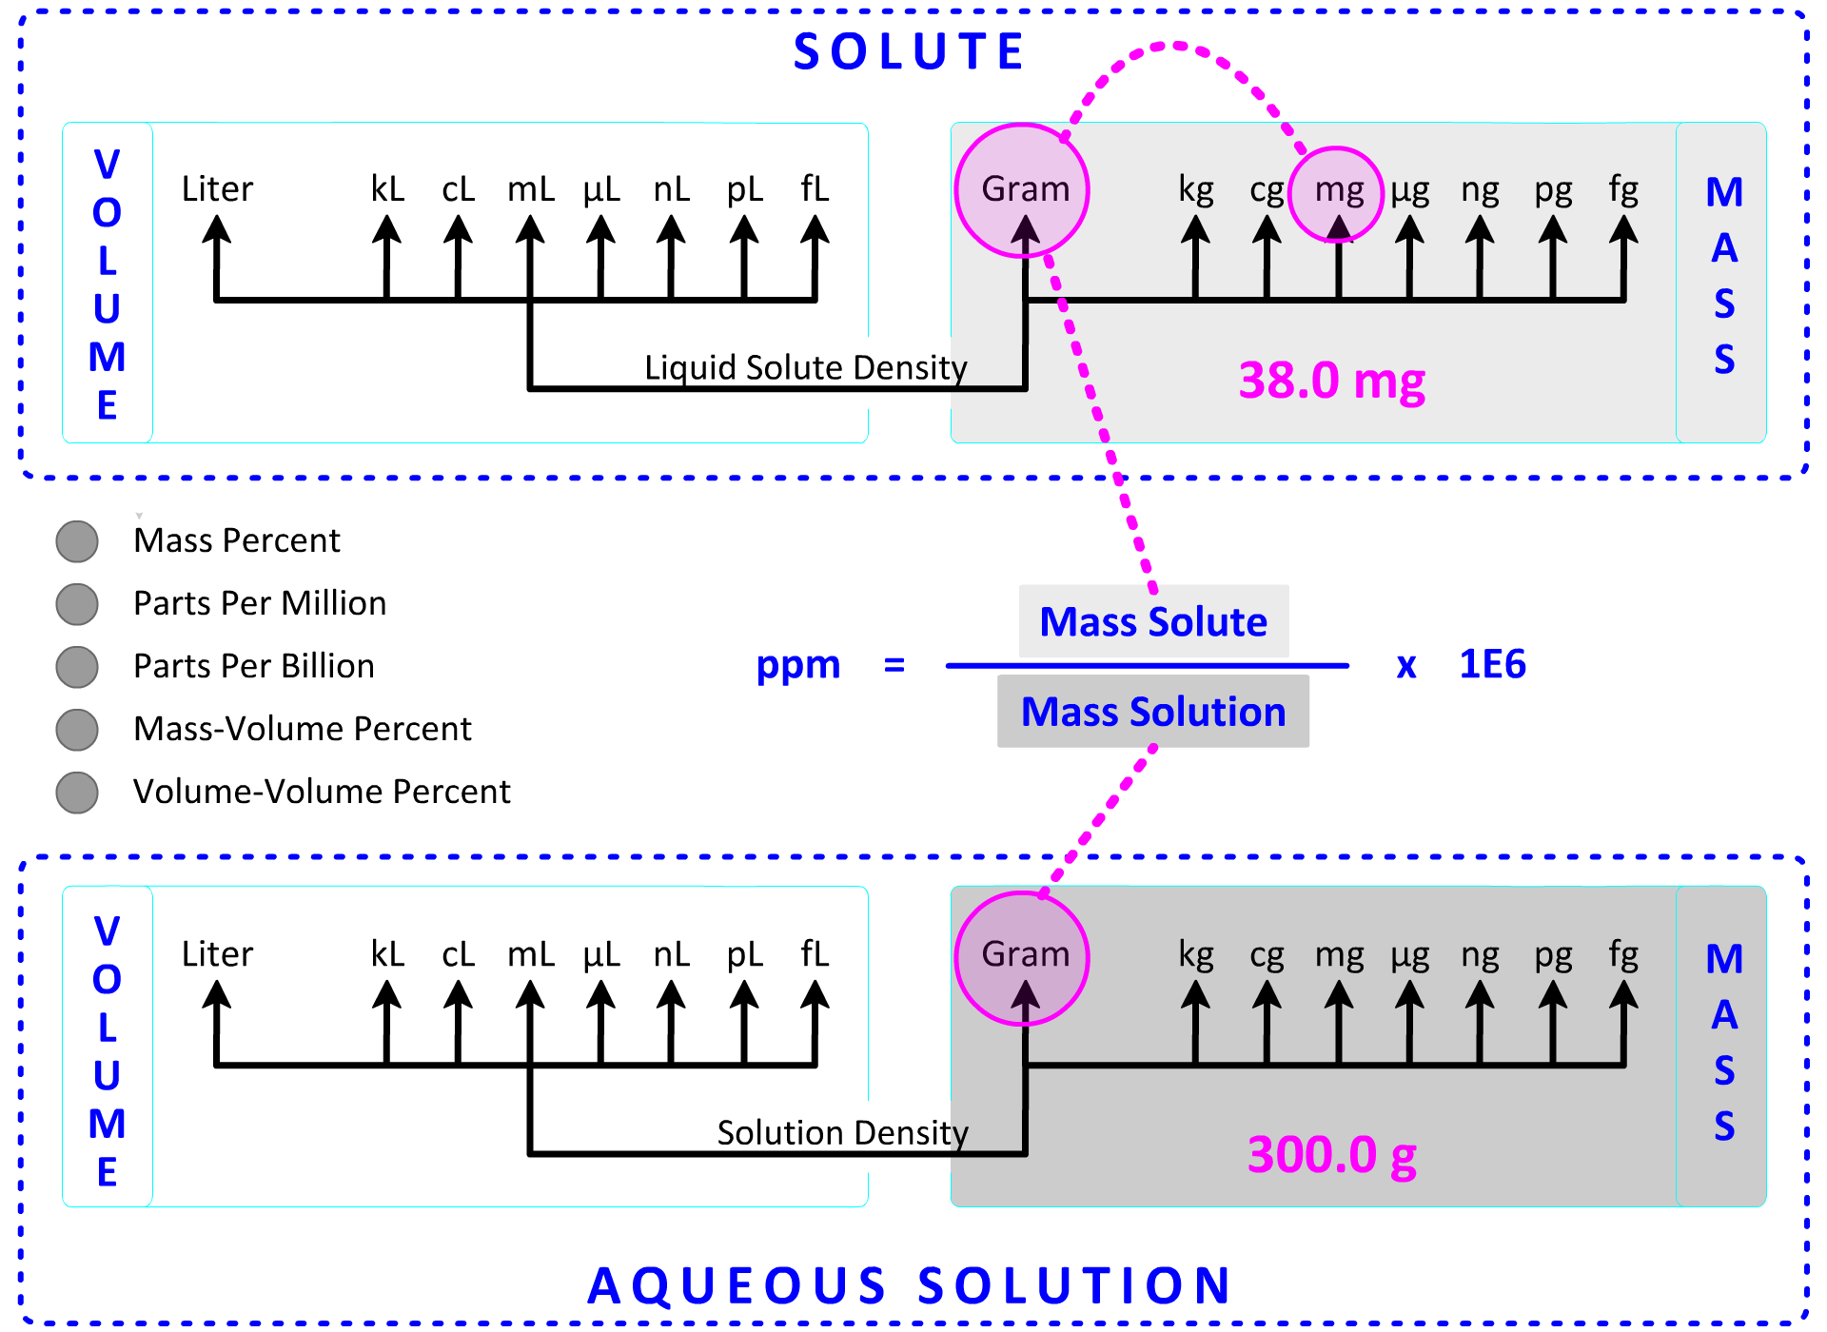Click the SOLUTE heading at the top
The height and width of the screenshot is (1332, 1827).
pyautogui.click(x=909, y=51)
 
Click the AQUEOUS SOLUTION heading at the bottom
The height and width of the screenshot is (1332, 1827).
pyautogui.click(x=909, y=1285)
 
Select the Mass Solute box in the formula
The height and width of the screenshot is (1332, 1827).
pyautogui.click(x=1153, y=621)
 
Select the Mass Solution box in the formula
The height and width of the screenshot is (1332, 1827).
pyautogui.click(x=1153, y=712)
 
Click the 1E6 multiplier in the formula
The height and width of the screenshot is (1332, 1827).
pyautogui.click(x=1492, y=664)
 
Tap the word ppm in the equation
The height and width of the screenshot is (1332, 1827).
pyautogui.click(x=797, y=664)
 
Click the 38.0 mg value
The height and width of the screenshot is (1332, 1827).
pyautogui.click(x=1331, y=381)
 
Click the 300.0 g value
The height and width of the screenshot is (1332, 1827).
pyautogui.click(x=1331, y=1155)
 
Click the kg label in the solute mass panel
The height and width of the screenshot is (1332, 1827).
pyautogui.click(x=1196, y=189)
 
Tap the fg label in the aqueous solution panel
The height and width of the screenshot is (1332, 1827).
pyautogui.click(x=1623, y=954)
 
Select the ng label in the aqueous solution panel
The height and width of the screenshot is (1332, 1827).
pyautogui.click(x=1480, y=955)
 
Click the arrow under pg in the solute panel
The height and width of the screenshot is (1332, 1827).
pyautogui.click(x=1552, y=252)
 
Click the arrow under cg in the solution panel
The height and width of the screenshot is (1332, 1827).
pyautogui.click(x=1267, y=1018)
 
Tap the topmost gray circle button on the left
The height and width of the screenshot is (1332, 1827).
pyautogui.click(x=76, y=541)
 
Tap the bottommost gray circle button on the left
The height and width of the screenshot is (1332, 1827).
pyautogui.click(x=76, y=793)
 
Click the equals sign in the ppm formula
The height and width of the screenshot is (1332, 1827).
pyautogui.click(x=894, y=664)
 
